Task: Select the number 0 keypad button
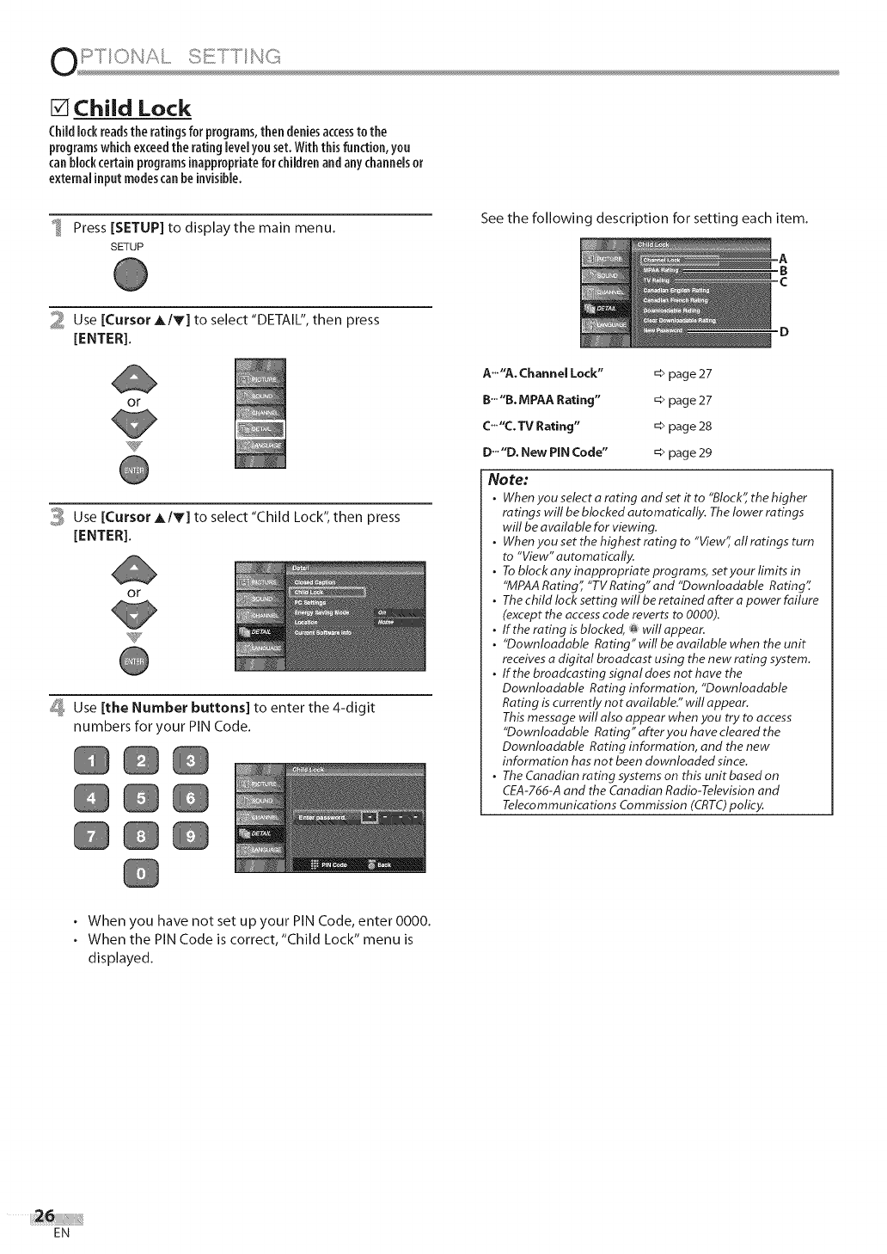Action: point(142,875)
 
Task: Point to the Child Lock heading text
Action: point(132,109)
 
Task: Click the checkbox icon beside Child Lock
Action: point(58,109)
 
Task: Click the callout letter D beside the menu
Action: point(783,331)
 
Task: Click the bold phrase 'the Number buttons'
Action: point(175,708)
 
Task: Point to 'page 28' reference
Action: point(690,427)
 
